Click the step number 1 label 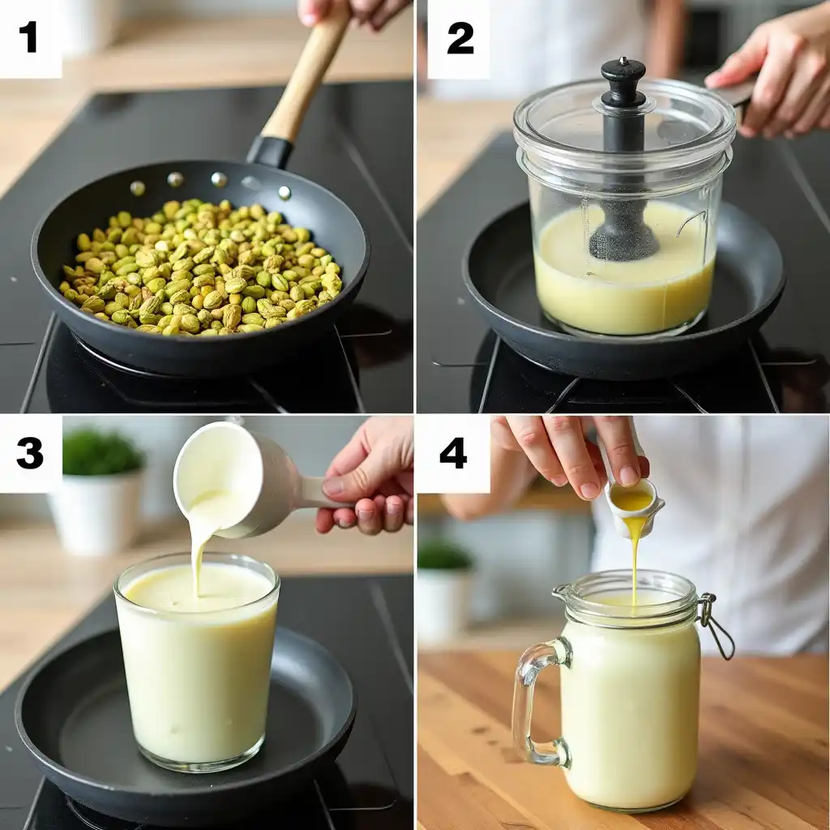[29, 37]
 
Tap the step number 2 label [460, 38]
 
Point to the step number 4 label [452, 453]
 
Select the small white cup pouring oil [634, 504]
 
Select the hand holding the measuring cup [369, 478]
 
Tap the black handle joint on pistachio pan [270, 152]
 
